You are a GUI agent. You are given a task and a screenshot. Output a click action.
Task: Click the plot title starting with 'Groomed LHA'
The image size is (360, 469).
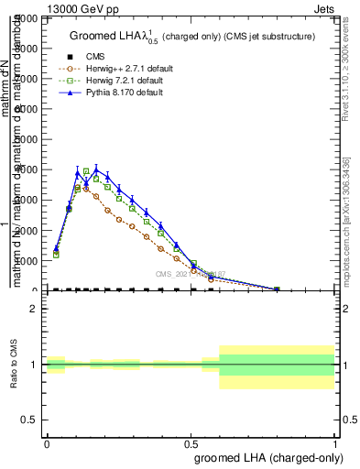192,37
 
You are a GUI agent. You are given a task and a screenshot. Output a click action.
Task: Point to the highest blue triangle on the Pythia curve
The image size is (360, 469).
94,169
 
